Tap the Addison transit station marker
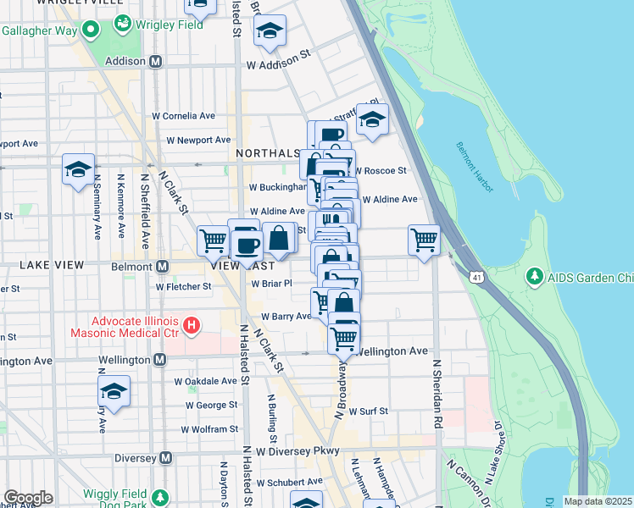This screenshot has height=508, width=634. point(155,62)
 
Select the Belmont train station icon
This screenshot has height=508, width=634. point(162,267)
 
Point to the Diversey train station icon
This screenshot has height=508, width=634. point(166,458)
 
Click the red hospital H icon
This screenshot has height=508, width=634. point(192,324)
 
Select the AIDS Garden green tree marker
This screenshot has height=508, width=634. point(534,276)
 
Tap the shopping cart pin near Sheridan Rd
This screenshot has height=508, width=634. point(423,239)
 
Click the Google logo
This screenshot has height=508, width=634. point(28,498)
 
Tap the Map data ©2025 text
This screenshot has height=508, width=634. point(597,501)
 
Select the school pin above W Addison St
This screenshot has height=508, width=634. point(270,30)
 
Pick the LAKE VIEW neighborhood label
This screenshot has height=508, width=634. point(52,265)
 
